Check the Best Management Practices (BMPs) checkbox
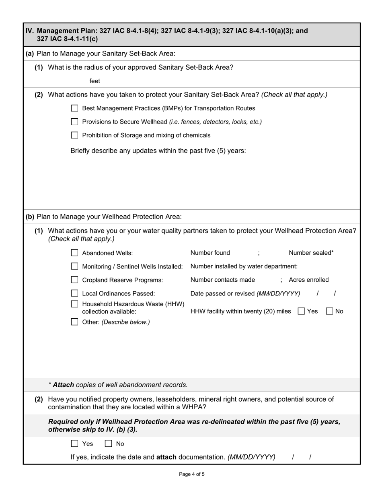click(x=74, y=108)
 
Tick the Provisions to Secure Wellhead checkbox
click(x=74, y=122)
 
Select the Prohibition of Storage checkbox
click(x=74, y=135)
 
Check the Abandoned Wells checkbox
click(x=74, y=253)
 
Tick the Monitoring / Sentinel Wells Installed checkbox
click(x=74, y=266)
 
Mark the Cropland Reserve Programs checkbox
click(x=74, y=280)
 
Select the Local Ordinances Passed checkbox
click(x=74, y=293)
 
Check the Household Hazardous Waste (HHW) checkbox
click(x=74, y=304)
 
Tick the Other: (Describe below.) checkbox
click(x=74, y=322)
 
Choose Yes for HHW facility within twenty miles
click(x=301, y=311)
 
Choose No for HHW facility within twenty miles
click(x=329, y=311)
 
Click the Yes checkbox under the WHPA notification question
click(x=74, y=443)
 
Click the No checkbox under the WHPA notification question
click(x=108, y=443)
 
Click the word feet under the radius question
click(x=95, y=81)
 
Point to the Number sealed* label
click(x=311, y=253)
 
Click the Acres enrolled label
click(x=308, y=280)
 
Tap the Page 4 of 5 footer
click(x=192, y=474)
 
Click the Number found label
click(x=210, y=253)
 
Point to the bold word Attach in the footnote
click(x=63, y=385)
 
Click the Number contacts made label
click(x=223, y=280)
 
